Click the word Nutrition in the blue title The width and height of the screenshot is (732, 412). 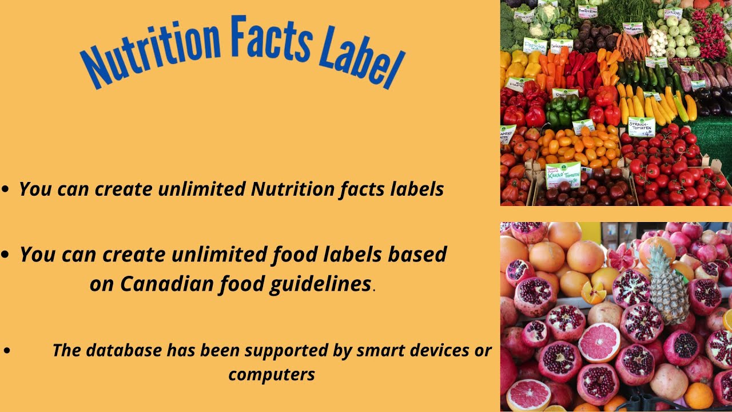coord(150,50)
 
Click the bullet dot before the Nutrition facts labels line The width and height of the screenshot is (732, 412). coord(5,189)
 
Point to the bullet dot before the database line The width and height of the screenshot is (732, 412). coord(7,350)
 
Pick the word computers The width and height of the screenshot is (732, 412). coord(272,374)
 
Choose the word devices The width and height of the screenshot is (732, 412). coord(437,350)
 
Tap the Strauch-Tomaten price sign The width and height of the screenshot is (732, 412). coord(641,126)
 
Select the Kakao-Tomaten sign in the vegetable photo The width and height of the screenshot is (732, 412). coord(563,174)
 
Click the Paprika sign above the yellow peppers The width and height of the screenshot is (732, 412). coord(535,45)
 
